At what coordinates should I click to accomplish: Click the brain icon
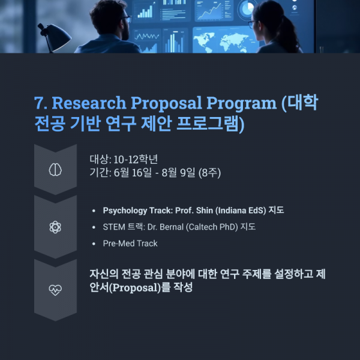point(55,170)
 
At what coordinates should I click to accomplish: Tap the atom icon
point(55,227)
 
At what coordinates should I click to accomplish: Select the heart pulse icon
point(55,290)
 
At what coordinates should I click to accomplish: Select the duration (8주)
point(210,173)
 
